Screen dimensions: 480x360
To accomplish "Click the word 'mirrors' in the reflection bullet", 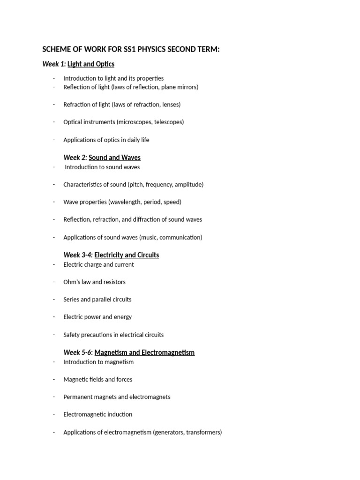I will click(x=186, y=87).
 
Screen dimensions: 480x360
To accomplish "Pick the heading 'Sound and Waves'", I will click(x=114, y=157).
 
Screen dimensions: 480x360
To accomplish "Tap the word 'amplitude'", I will click(x=187, y=185).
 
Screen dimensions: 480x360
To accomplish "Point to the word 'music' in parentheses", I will click(x=149, y=237).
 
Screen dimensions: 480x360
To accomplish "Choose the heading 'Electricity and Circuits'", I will click(x=127, y=255).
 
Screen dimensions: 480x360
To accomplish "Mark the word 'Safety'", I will click(x=72, y=335).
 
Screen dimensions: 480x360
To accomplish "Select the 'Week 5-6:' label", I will click(x=78, y=352).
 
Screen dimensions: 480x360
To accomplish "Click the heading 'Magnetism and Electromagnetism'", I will click(x=144, y=352).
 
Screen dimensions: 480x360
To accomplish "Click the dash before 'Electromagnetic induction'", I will click(x=54, y=414).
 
